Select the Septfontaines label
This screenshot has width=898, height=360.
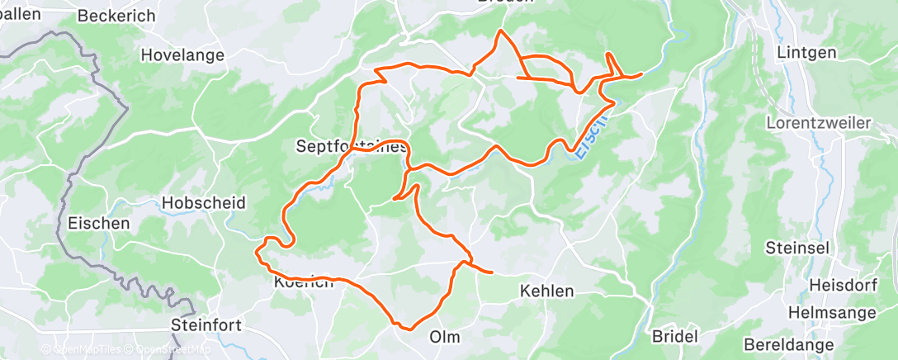[x=351, y=147]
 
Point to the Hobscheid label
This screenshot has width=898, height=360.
[x=193, y=203]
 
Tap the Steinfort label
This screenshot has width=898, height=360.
[x=206, y=324]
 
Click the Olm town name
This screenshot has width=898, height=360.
[x=445, y=337]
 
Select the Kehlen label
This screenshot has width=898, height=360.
[x=546, y=291]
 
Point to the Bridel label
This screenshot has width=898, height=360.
[x=675, y=336]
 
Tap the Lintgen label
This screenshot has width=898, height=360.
[x=806, y=53]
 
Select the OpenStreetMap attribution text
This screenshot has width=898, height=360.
[x=164, y=348]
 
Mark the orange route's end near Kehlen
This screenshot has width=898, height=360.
[x=492, y=271]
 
